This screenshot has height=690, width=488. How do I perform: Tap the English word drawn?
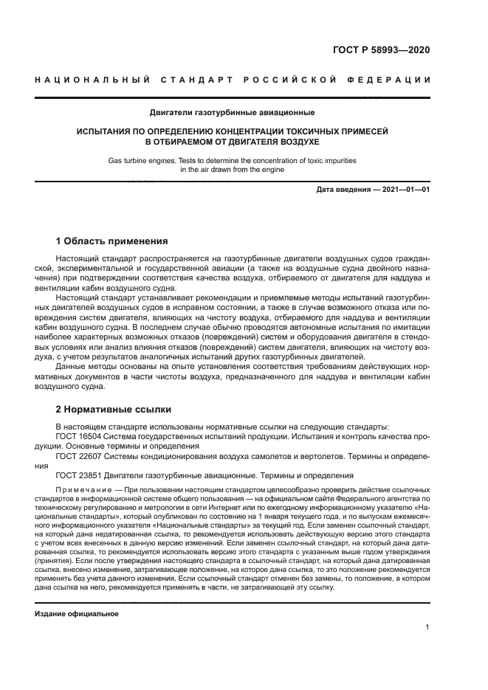(x=223, y=168)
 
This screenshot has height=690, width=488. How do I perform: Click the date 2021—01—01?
(x=405, y=190)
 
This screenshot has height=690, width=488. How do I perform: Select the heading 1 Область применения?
(x=111, y=241)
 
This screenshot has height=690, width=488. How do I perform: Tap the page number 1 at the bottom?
(x=427, y=627)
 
